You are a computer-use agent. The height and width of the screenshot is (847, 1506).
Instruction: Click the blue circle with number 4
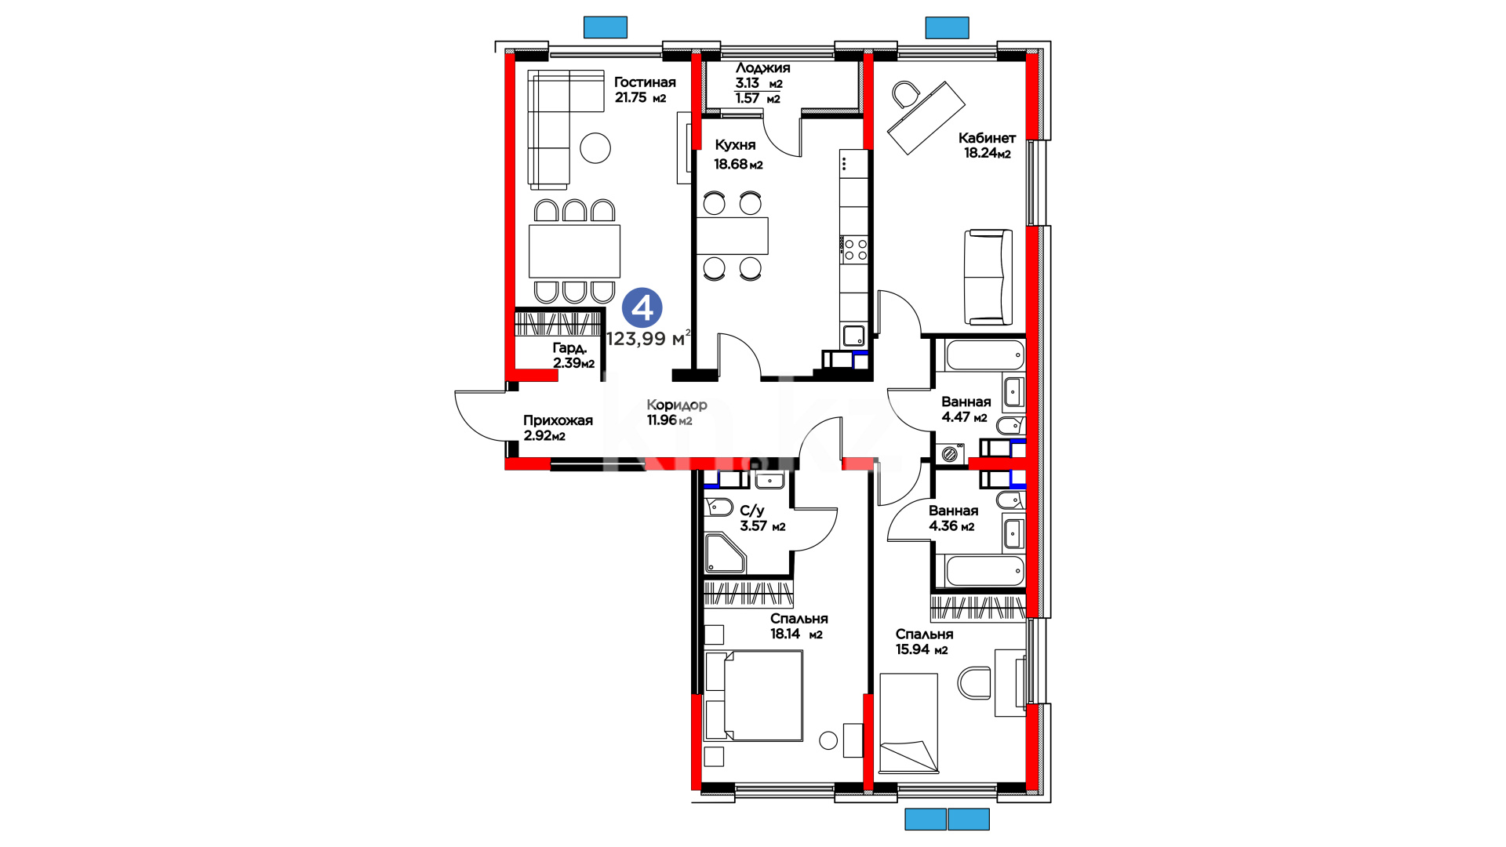(x=642, y=308)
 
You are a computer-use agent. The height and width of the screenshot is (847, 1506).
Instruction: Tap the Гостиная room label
(x=645, y=82)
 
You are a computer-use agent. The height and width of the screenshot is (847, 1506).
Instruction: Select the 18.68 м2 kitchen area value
(x=738, y=164)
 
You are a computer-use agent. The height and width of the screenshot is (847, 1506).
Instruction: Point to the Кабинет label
(x=987, y=138)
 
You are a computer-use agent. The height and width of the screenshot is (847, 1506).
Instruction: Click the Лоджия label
(x=762, y=68)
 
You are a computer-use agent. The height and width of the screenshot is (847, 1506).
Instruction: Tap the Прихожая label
(x=558, y=420)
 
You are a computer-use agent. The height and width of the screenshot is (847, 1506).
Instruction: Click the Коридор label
(x=677, y=405)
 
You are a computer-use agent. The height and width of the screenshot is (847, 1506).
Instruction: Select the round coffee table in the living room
(x=595, y=147)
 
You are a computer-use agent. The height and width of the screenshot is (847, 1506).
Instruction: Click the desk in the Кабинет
(x=926, y=118)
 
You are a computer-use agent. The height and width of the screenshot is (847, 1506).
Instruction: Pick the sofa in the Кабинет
(x=988, y=277)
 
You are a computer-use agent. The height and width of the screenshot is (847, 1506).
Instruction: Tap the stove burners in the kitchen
(x=855, y=250)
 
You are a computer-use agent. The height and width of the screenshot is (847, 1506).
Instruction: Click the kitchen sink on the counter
(x=853, y=336)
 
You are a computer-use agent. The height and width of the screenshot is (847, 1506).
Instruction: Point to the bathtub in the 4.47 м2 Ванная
(x=985, y=354)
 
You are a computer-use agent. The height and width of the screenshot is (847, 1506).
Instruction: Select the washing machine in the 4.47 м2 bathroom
(x=951, y=453)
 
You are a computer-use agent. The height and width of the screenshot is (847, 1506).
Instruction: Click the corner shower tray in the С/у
(x=724, y=553)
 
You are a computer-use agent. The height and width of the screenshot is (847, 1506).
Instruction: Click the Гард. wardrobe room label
(x=569, y=347)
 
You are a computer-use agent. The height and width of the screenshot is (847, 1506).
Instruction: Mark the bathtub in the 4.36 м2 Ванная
(x=985, y=571)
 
